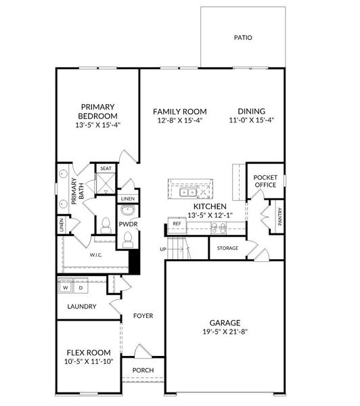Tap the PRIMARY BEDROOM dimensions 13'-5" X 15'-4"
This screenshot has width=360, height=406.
click(x=97, y=125)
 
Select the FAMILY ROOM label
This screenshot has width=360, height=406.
click(x=179, y=112)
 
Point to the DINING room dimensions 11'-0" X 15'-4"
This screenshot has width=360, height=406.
click(x=251, y=120)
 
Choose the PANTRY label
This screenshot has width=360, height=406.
click(x=280, y=217)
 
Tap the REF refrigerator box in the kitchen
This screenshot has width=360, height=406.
click(x=177, y=223)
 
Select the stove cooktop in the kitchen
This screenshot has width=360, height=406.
click(x=218, y=229)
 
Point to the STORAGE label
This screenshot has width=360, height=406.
click(x=227, y=248)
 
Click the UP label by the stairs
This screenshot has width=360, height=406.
click(x=162, y=249)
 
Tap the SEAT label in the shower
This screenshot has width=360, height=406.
click(x=106, y=168)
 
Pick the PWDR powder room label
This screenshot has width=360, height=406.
click(x=128, y=223)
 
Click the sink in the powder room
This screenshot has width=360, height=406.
click(x=127, y=210)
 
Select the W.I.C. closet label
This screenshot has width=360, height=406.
click(x=95, y=256)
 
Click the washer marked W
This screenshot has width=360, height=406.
click(x=66, y=288)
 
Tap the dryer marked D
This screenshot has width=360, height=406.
click(x=81, y=288)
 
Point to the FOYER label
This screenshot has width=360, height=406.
click(x=143, y=315)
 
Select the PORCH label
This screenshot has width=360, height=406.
click(x=143, y=370)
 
